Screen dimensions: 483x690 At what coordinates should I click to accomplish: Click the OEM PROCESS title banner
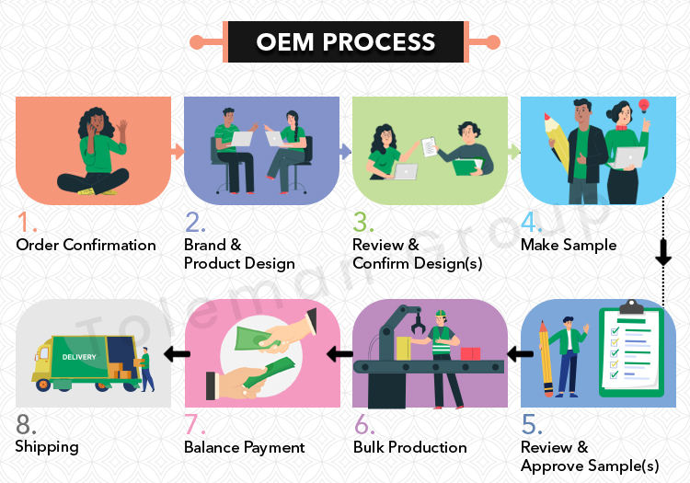point(345,42)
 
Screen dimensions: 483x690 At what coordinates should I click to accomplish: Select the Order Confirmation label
point(86,245)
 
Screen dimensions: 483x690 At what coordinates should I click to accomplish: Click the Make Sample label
point(569,245)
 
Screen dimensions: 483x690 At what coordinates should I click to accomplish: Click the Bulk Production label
point(409,447)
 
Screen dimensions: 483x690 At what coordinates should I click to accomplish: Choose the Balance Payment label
point(244,447)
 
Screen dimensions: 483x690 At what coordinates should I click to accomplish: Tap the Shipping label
point(47,446)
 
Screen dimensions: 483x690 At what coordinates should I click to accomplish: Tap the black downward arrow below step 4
point(662,252)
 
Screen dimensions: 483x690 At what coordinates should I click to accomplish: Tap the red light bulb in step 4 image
point(643,106)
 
